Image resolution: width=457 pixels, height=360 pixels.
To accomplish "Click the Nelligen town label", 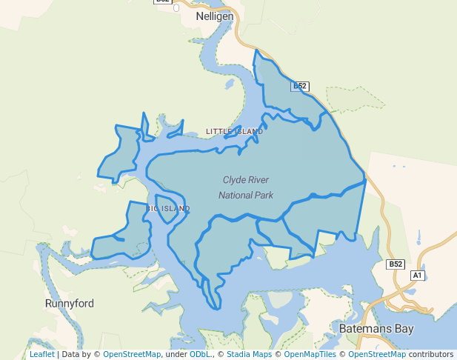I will [x=215, y=16].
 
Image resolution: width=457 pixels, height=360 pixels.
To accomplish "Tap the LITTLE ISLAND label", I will [x=234, y=132].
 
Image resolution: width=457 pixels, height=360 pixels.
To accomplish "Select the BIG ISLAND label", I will [x=167, y=209].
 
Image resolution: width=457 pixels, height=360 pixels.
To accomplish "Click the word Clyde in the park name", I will [x=235, y=180].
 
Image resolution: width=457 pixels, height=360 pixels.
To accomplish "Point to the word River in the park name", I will [x=259, y=180].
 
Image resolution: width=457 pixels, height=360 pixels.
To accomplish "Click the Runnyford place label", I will [x=70, y=304].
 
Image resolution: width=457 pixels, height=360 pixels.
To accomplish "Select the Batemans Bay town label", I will [x=376, y=328].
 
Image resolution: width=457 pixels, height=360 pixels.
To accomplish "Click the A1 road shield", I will [x=417, y=276].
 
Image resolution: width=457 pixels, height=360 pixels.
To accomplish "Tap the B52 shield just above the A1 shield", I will [x=396, y=264].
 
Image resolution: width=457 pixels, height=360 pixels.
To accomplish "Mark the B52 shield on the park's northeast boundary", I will [x=300, y=87].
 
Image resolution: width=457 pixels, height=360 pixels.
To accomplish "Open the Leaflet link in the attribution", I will [x=41, y=355].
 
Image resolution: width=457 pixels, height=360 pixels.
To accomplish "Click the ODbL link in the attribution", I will [x=201, y=355].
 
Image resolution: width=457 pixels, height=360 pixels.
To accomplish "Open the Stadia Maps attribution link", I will [x=250, y=355].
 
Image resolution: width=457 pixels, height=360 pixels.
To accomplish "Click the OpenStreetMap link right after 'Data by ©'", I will [x=132, y=355].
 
